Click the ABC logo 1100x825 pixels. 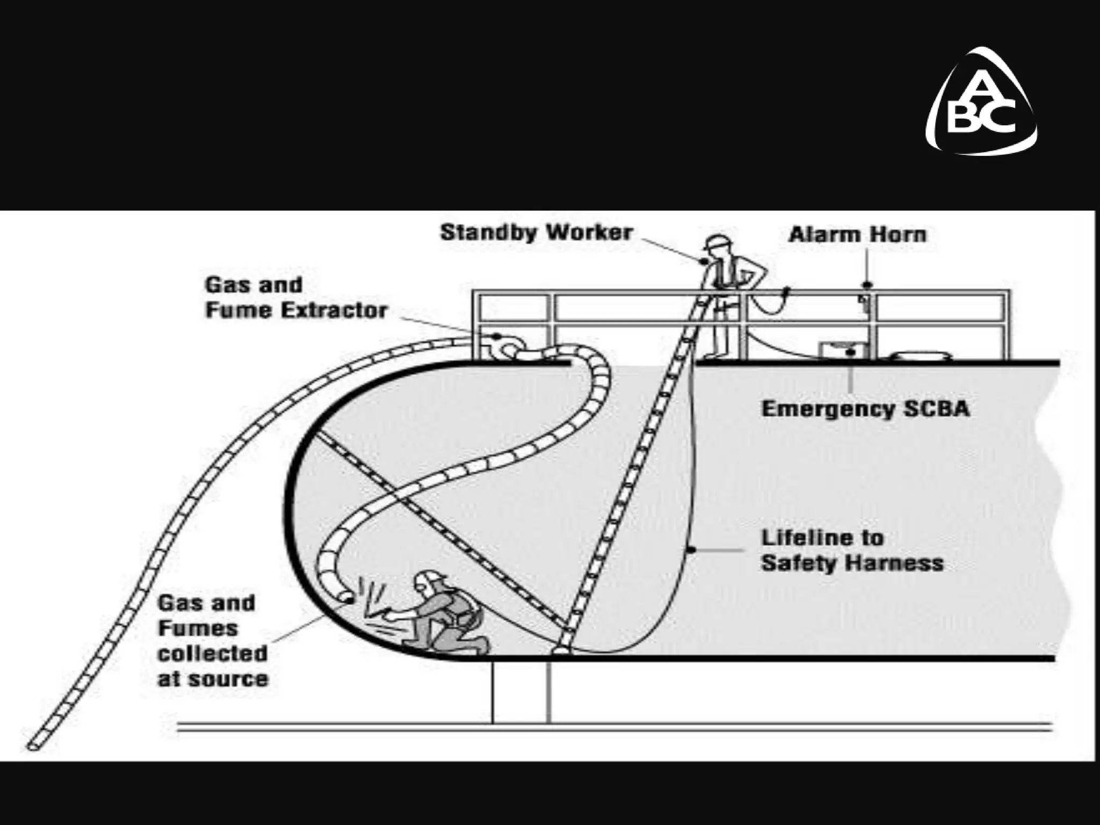point(981,103)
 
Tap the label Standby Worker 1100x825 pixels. point(537,233)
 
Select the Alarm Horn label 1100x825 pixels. point(858,235)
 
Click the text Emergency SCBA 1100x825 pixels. point(866,409)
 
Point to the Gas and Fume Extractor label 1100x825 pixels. point(296,298)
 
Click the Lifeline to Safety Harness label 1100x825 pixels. point(852,550)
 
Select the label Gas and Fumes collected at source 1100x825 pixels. point(213,641)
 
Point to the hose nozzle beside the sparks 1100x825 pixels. point(345,596)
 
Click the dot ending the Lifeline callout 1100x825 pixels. point(691,549)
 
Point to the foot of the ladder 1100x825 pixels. point(561,650)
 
